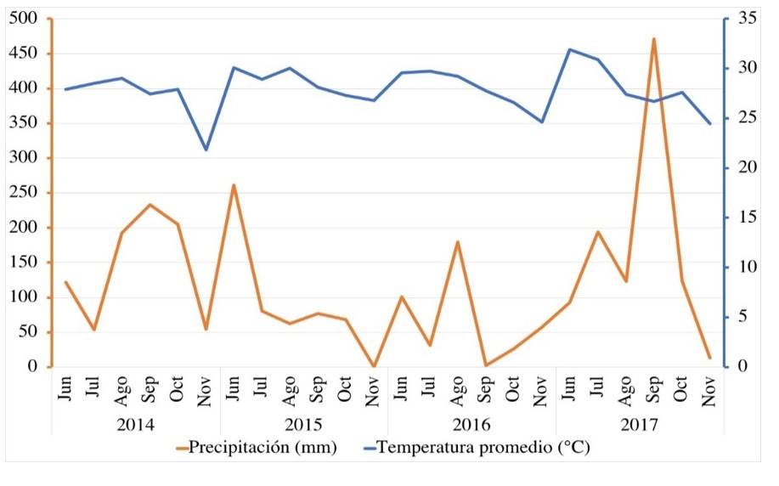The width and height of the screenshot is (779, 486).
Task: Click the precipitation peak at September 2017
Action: [x=654, y=38]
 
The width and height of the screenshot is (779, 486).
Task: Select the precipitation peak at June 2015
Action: [x=234, y=185]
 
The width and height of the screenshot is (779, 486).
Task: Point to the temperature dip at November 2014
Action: [x=206, y=150]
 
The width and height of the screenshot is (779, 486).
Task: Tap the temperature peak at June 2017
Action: [x=570, y=49]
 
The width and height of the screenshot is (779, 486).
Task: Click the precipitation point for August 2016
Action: [x=458, y=242]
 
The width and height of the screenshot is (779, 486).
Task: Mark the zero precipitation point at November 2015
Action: [x=374, y=366]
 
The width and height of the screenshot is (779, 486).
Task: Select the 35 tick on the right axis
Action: [x=746, y=19]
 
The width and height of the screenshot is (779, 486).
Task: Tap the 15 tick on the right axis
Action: [x=746, y=218]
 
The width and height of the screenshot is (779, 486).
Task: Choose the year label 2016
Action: [x=471, y=422]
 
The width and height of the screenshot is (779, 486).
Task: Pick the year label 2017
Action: [x=640, y=422]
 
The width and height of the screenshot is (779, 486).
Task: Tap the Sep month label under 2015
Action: [x=318, y=388]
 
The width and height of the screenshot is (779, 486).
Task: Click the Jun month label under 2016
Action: [x=402, y=388]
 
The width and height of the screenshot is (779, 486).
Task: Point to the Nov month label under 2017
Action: [x=710, y=388]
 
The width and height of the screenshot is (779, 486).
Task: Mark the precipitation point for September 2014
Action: [x=150, y=205]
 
